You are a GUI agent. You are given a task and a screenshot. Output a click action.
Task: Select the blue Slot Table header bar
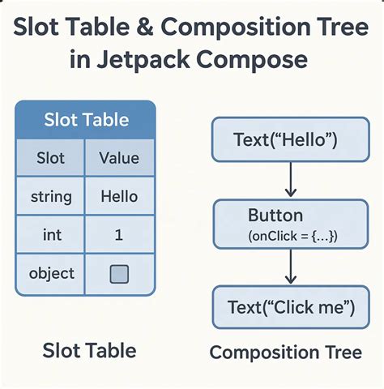pyautogui.click(x=85, y=121)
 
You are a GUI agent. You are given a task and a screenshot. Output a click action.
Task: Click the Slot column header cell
pyautogui.click(x=50, y=158)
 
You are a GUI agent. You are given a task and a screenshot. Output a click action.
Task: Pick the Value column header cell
pyautogui.click(x=119, y=158)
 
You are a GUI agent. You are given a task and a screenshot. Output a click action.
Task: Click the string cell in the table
pyautogui.click(x=50, y=196)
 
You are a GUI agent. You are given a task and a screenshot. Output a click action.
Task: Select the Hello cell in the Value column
pyautogui.click(x=119, y=196)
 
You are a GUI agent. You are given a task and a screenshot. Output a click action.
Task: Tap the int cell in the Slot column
pyautogui.click(x=50, y=235)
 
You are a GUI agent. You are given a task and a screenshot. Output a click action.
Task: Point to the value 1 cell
pyautogui.click(x=119, y=235)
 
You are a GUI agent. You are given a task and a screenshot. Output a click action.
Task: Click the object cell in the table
pyautogui.click(x=50, y=273)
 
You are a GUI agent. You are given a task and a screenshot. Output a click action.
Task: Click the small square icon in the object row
pyautogui.click(x=119, y=275)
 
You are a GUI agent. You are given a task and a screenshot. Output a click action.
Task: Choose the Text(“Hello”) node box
pyautogui.click(x=284, y=140)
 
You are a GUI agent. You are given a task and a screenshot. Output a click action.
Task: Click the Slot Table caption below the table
pyautogui.click(x=88, y=350)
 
